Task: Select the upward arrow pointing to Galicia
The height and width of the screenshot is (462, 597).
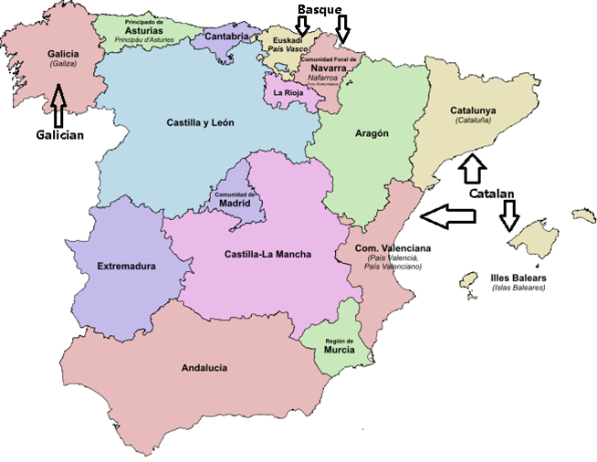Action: pyautogui.click(x=60, y=104)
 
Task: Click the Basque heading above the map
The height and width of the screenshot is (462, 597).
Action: pyautogui.click(x=319, y=9)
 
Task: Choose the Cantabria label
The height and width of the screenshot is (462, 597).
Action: pyautogui.click(x=226, y=37)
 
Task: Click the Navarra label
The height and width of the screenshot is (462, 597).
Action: pyautogui.click(x=328, y=68)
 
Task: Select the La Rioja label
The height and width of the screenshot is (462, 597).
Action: pyautogui.click(x=287, y=91)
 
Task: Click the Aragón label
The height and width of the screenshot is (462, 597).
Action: pyautogui.click(x=372, y=133)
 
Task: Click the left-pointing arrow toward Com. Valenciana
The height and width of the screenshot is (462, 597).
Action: pyautogui.click(x=447, y=216)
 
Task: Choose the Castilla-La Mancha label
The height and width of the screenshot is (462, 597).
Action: pyautogui.click(x=267, y=255)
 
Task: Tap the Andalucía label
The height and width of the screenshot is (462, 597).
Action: pyautogui.click(x=204, y=368)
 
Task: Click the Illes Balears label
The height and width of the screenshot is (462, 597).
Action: pyautogui.click(x=518, y=277)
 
